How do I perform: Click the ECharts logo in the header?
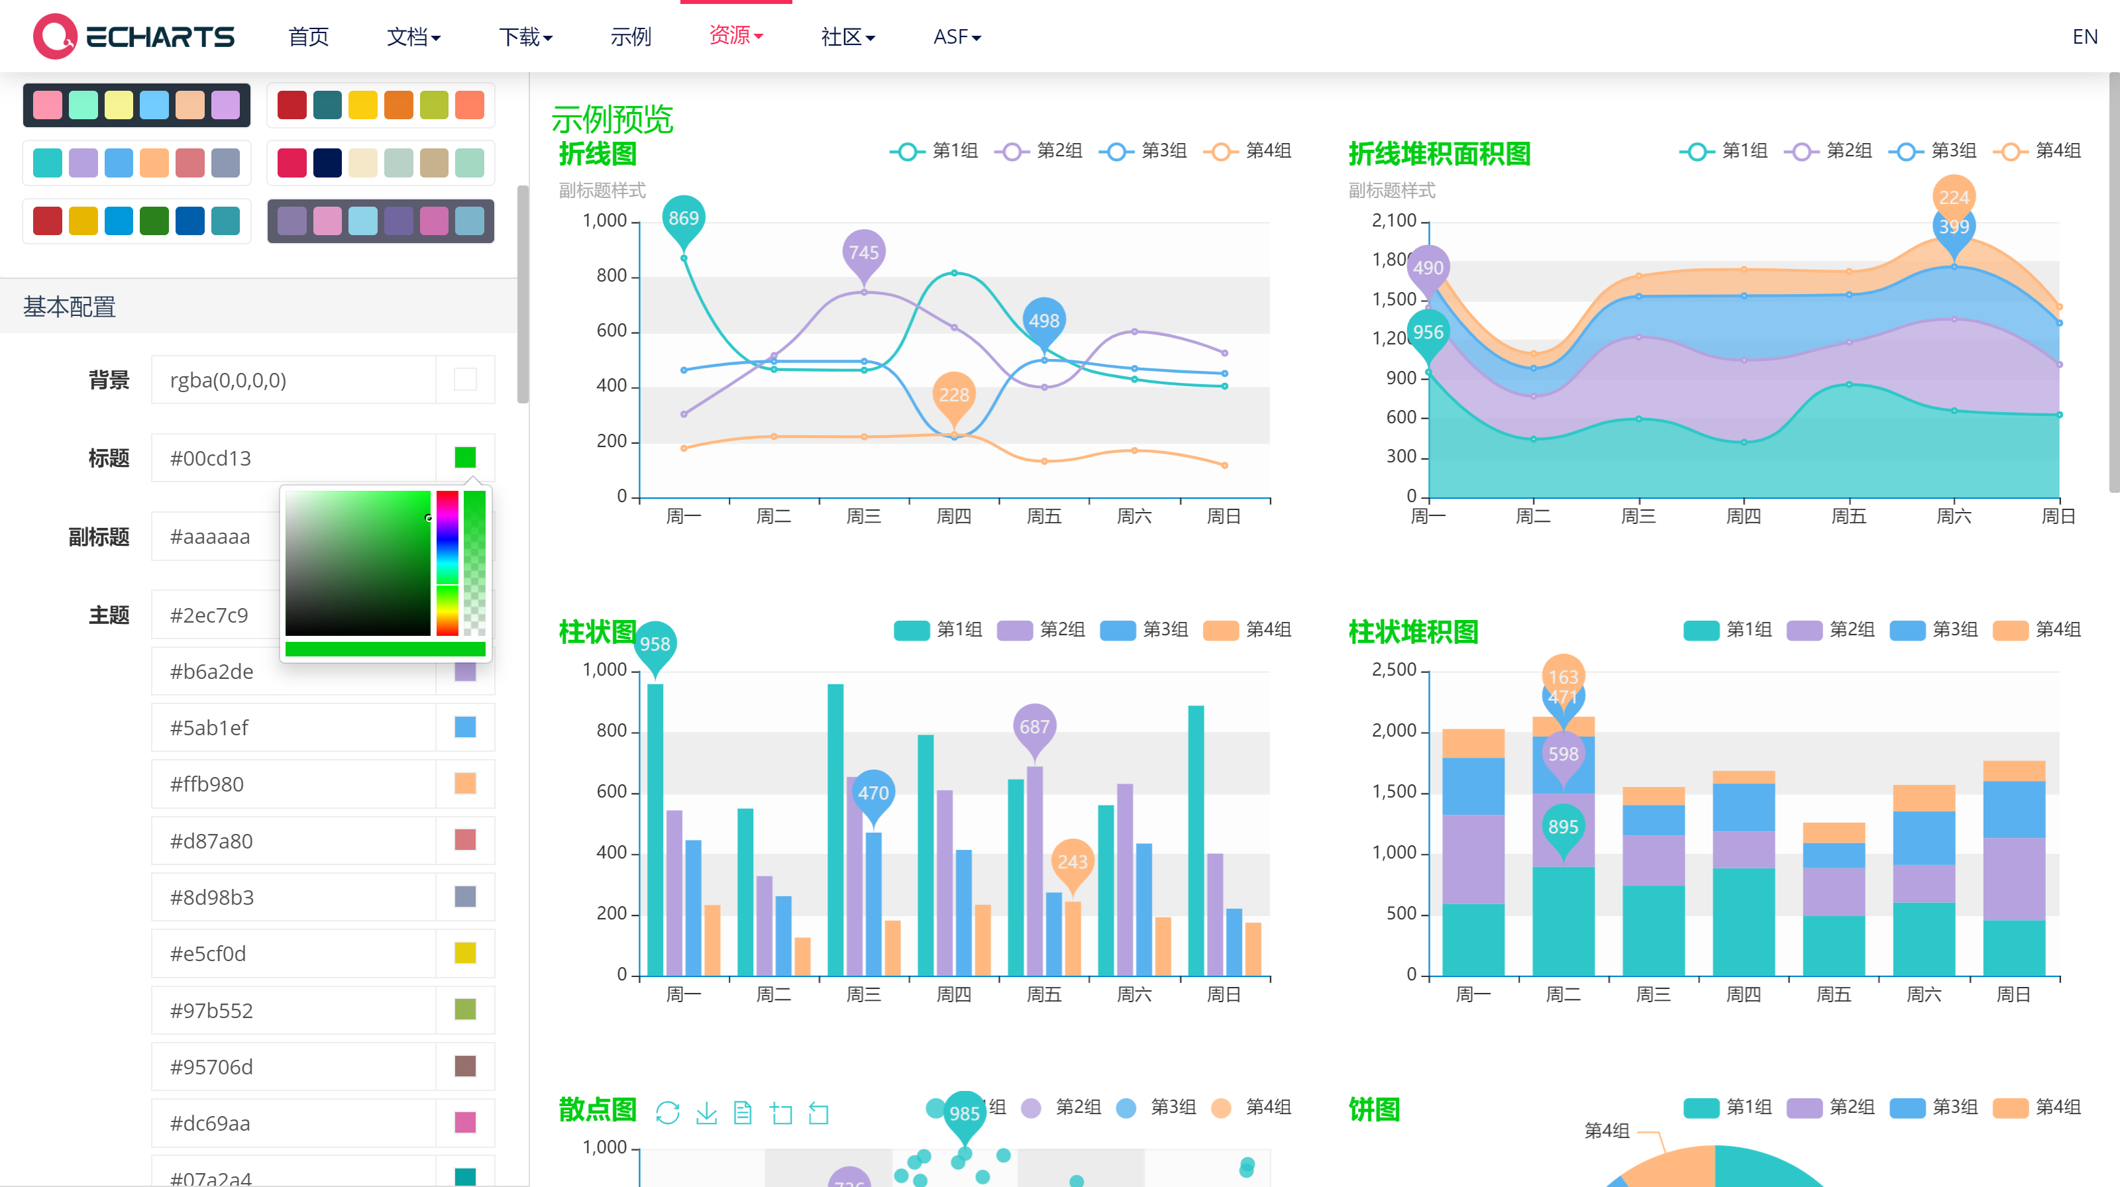133,36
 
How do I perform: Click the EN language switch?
2084,37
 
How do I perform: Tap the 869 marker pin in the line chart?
683,219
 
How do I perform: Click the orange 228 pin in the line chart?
954,395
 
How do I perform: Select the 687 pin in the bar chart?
1033,727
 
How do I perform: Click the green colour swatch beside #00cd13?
465,457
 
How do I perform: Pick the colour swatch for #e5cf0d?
465,953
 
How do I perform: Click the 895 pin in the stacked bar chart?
1562,827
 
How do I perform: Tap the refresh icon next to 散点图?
667,1113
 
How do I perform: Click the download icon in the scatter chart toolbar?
706,1113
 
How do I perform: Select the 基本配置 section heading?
70,307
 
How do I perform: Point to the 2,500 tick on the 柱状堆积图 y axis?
1393,670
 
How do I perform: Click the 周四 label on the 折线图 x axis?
954,517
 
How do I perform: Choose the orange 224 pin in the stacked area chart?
1953,197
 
